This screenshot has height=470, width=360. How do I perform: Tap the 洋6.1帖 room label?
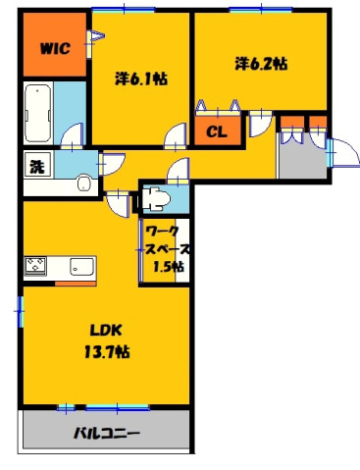pos(139,78)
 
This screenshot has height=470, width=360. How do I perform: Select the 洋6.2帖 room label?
pos(260,65)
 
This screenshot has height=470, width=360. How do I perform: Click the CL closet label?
pos(216,129)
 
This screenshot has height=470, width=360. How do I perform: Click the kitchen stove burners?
pos(36,266)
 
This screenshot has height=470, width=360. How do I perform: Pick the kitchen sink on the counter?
pos(79,266)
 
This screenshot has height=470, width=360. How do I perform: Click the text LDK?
pos(105,330)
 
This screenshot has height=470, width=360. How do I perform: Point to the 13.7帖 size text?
pos(109,350)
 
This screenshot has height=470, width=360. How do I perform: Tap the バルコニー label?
pos(106,434)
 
